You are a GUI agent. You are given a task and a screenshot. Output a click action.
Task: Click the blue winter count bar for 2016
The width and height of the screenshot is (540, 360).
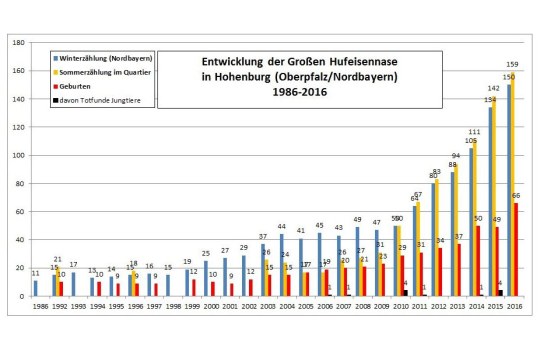(x=508, y=190)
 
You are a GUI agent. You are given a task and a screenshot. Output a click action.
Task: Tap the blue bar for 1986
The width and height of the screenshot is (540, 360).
(x=35, y=288)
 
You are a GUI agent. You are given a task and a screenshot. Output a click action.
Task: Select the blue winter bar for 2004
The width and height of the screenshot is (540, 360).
(x=282, y=265)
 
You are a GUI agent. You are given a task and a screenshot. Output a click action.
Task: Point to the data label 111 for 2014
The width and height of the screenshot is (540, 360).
(x=474, y=133)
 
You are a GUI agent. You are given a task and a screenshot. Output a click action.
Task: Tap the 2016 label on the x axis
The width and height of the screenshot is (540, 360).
(x=514, y=308)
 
